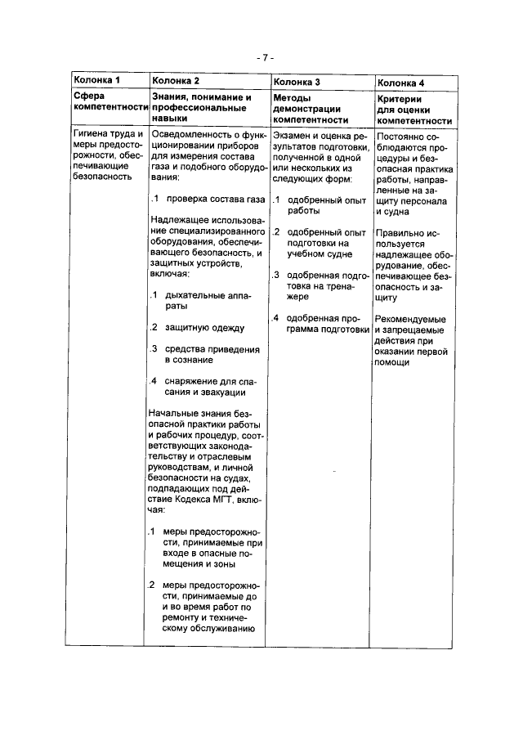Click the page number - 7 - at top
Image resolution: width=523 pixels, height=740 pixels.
pyautogui.click(x=261, y=58)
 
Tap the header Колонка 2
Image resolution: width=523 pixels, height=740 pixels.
pyautogui.click(x=176, y=81)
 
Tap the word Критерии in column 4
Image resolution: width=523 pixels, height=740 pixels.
pyautogui.click(x=399, y=97)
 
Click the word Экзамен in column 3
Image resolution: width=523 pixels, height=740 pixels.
pyautogui.click(x=294, y=136)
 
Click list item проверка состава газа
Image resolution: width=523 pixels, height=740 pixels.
pyautogui.click(x=213, y=199)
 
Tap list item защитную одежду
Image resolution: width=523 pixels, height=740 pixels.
pyautogui.click(x=204, y=328)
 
